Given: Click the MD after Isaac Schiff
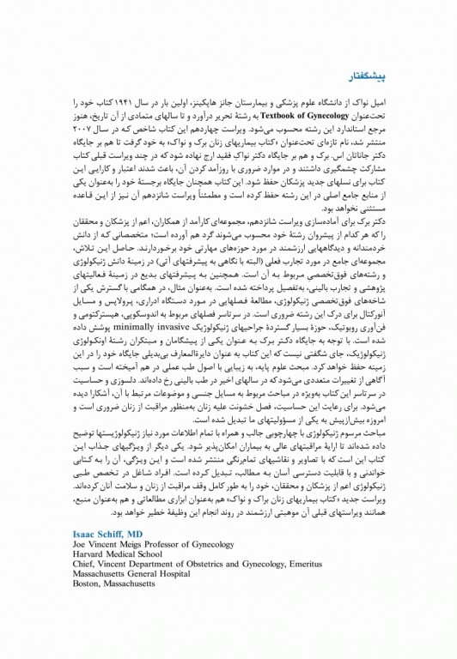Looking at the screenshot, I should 140,533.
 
